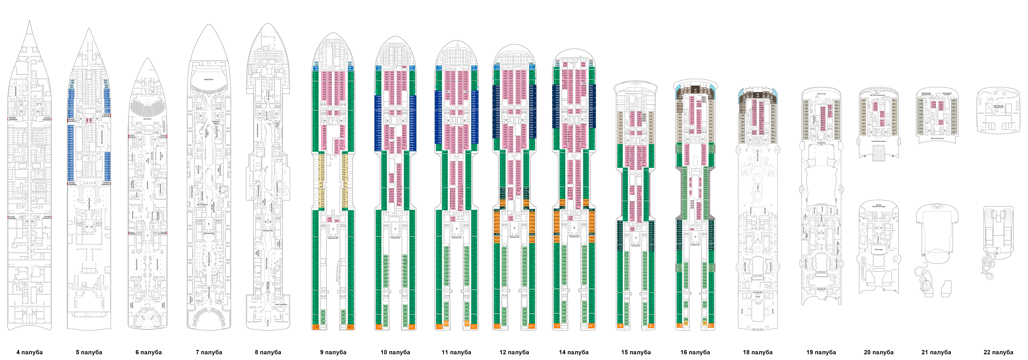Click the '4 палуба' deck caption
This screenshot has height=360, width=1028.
point(30,352)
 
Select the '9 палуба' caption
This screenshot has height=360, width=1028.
point(333,352)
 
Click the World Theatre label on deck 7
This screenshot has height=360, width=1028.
point(208,79)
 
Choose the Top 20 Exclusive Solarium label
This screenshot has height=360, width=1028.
point(878,141)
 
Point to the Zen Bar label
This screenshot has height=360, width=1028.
point(757,297)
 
